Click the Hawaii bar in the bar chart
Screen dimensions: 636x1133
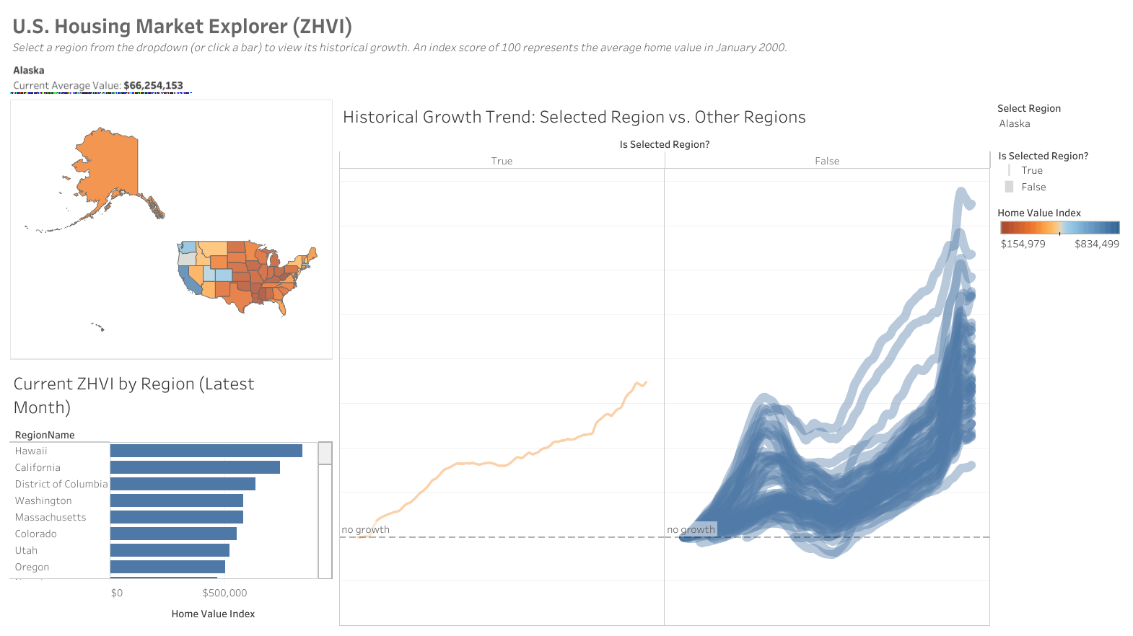tap(206, 451)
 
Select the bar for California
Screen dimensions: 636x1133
tap(195, 467)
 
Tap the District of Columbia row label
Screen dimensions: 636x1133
tap(61, 484)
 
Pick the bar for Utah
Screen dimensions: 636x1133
tap(170, 550)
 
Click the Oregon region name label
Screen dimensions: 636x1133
tap(32, 567)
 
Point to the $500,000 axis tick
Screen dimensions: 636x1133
tap(224, 593)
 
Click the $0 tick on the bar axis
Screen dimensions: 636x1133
tap(117, 593)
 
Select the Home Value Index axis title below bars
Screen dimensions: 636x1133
tap(213, 614)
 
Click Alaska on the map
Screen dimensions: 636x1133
tap(108, 166)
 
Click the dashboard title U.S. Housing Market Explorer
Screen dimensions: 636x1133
tap(182, 27)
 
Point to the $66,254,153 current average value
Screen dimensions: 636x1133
tap(153, 85)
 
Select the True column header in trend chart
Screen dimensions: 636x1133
tap(502, 161)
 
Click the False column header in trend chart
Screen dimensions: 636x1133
tap(827, 161)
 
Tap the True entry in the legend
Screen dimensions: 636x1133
tap(1031, 170)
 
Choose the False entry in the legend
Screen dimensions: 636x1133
tap(1033, 187)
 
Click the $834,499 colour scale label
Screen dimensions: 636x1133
tap(1096, 244)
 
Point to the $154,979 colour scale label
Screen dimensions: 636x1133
tap(1023, 244)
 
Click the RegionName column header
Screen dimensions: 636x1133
tap(45, 435)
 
